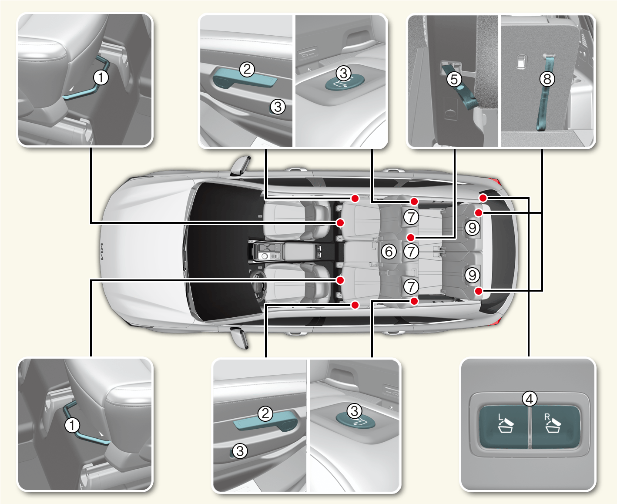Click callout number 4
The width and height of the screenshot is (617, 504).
529,398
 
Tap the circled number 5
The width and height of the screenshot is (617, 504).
454,79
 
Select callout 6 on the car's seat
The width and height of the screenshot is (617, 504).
389,251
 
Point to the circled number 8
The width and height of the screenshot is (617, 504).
547,79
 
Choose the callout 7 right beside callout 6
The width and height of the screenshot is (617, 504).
411,251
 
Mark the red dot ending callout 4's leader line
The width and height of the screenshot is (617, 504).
483,198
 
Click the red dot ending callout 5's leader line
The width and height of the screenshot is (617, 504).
410,238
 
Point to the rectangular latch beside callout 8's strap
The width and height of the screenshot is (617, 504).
521,62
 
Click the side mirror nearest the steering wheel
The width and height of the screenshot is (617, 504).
240,337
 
